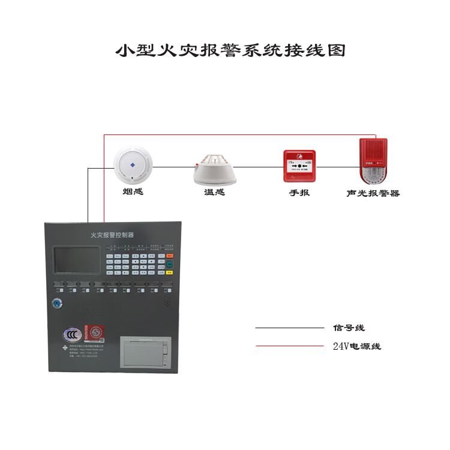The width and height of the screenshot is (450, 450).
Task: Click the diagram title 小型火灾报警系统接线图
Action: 230,50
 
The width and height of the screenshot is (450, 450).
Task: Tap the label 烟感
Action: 133,192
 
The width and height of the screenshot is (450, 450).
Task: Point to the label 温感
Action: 214,193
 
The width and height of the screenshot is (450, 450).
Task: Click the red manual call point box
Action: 299,166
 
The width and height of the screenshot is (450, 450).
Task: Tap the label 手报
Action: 299,193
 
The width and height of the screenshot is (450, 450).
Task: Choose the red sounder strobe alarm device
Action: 373,161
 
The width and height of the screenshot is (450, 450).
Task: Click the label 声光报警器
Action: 373,193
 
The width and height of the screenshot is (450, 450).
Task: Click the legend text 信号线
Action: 349,328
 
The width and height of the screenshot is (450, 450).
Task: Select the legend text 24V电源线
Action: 356,346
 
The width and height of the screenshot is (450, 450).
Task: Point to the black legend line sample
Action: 289,328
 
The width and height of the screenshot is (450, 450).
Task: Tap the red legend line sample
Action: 289,346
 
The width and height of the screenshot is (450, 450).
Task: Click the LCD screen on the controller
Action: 76,260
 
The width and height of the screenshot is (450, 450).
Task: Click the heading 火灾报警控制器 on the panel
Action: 112,235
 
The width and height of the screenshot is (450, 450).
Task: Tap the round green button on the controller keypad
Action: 170,264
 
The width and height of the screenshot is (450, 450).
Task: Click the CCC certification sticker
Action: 73,334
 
